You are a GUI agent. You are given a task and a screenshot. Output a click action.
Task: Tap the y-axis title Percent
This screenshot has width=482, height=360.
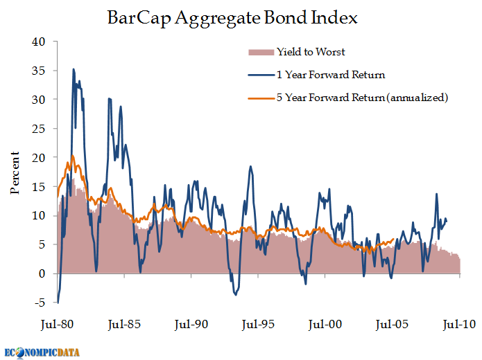point(15,173)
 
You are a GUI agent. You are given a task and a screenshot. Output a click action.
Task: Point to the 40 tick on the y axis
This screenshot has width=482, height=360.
point(38,42)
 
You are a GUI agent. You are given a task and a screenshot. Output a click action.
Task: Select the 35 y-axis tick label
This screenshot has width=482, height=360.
point(38,71)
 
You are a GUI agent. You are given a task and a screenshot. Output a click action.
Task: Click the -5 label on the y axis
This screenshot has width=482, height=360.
point(40,303)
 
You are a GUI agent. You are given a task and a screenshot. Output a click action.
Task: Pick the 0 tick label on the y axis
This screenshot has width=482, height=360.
point(42,273)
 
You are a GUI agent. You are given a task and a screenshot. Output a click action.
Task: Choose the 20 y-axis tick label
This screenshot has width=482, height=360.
point(38,158)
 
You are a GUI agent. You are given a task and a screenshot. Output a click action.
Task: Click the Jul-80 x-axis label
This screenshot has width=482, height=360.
point(57,325)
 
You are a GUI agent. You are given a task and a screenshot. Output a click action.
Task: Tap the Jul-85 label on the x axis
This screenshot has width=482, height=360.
point(124,325)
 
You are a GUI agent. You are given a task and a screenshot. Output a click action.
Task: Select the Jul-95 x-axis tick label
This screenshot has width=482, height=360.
point(258,325)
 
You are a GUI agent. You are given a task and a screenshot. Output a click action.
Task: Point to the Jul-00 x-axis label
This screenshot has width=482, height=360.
point(325,325)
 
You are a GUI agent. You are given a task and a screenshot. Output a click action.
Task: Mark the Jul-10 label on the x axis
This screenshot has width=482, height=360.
point(459,325)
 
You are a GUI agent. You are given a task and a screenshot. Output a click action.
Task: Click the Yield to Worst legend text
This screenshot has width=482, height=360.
point(311,52)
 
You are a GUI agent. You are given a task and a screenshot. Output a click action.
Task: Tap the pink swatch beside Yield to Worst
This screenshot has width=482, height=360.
point(261,52)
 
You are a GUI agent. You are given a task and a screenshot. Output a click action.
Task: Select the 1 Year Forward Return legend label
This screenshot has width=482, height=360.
point(331,75)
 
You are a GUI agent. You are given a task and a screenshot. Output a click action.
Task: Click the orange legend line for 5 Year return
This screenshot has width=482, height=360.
point(261,98)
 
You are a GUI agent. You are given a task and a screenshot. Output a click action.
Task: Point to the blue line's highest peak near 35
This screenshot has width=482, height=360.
point(73,69)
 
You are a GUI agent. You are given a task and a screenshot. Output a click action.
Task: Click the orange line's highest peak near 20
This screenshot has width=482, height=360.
point(73,156)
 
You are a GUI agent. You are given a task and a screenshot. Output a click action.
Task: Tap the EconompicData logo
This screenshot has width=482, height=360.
point(42,352)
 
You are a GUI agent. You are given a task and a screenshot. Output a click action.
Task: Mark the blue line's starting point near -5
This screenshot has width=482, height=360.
point(58,303)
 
